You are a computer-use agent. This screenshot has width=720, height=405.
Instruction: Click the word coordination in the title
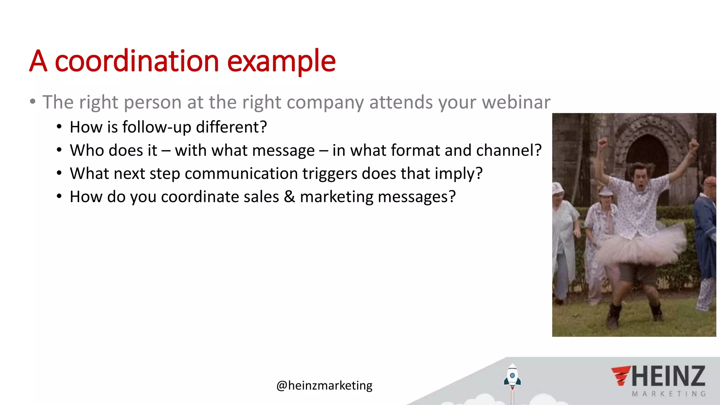tap(137, 62)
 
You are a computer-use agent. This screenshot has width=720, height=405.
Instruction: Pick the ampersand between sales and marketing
tap(289, 197)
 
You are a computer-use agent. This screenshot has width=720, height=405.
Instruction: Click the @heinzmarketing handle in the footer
tap(324, 386)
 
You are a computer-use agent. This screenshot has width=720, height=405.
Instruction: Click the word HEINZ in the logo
tap(668, 376)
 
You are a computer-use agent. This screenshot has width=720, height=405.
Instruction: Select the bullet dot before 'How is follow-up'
tap(59, 127)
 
